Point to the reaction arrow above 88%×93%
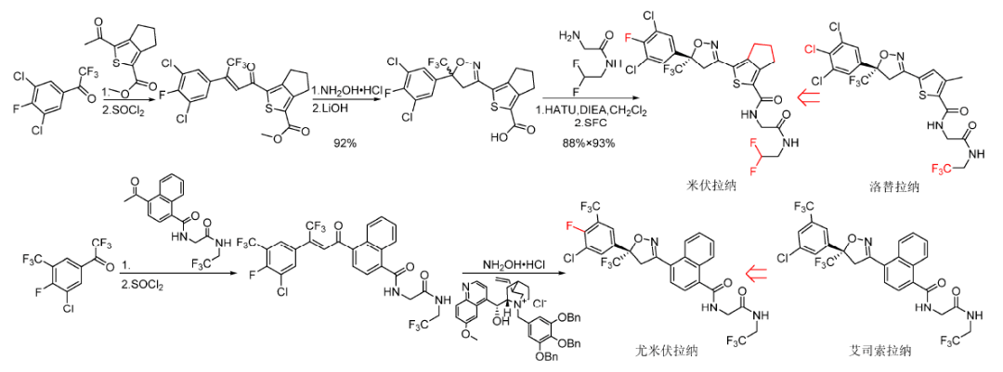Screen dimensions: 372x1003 pos(587,97)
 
